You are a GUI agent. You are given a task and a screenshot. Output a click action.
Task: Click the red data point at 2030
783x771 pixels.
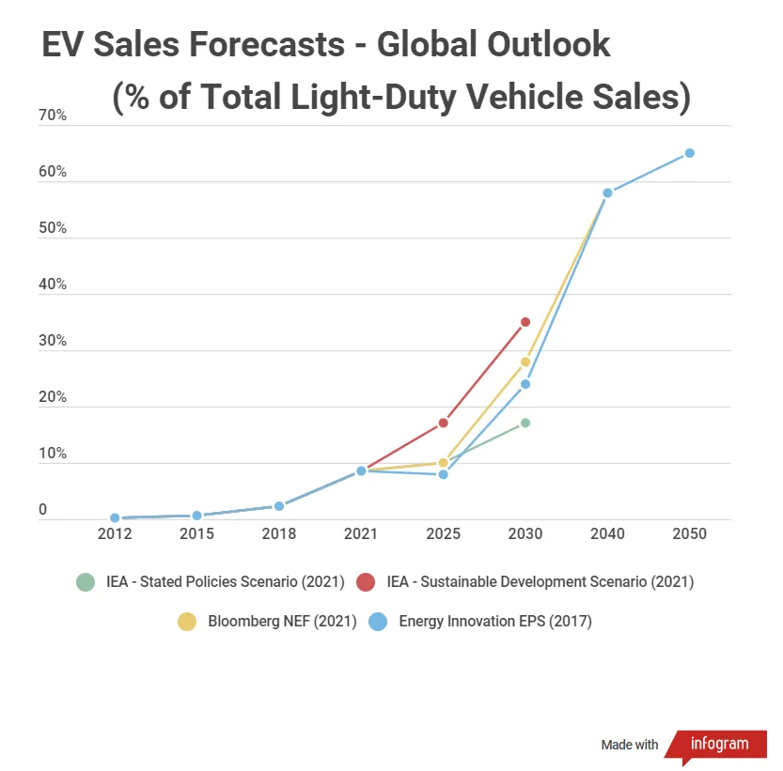pos(525,322)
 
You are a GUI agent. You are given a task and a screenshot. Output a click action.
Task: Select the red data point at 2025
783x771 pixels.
pos(443,423)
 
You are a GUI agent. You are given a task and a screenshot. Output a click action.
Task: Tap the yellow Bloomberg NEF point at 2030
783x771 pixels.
pos(525,362)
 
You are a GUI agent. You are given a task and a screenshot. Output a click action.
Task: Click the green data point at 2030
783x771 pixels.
pos(525,423)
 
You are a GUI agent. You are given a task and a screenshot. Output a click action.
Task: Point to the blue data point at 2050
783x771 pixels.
pos(689,153)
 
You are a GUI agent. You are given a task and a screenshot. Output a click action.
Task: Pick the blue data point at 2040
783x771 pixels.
pos(607,193)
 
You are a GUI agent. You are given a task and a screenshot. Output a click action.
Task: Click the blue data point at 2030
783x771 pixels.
pos(525,384)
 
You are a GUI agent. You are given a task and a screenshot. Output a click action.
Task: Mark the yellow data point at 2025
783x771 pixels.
pos(443,463)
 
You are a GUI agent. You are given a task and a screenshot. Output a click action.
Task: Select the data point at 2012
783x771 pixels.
pos(115,517)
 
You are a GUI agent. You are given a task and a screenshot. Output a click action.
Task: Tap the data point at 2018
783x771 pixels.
pos(278,506)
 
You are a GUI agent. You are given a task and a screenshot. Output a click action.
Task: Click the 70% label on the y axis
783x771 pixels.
pos(53,116)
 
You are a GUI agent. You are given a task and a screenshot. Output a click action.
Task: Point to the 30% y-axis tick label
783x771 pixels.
pos(53,341)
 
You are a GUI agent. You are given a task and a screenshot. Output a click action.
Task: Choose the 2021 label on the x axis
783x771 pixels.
pos(361,533)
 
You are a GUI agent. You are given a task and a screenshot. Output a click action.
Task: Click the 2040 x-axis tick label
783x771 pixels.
pos(607,533)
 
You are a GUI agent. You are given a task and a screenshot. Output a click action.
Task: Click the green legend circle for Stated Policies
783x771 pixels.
pos(86,582)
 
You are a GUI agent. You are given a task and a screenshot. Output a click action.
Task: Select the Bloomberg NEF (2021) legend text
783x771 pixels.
pos(282,621)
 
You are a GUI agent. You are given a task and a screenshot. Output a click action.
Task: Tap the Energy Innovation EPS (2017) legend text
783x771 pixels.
pos(495,621)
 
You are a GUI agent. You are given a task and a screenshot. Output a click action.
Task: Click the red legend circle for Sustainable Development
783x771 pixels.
pos(367,582)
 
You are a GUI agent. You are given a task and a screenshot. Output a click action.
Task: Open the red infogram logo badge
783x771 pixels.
pos(715,745)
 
